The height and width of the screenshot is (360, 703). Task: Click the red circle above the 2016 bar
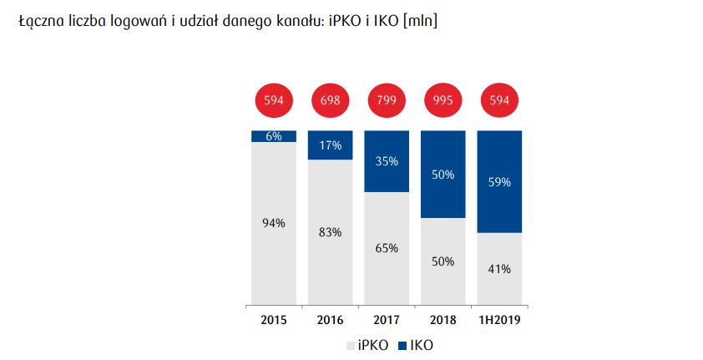pyautogui.click(x=330, y=101)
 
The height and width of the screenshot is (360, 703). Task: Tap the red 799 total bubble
pyautogui.click(x=387, y=101)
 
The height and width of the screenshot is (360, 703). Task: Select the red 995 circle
pyautogui.click(x=443, y=101)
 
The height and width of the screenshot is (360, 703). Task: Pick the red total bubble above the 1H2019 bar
pyautogui.click(x=499, y=101)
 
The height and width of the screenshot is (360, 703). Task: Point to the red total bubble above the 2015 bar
pyautogui.click(x=274, y=101)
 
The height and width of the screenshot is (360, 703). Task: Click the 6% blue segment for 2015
pyautogui.click(x=274, y=136)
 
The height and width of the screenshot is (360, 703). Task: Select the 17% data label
pyautogui.click(x=330, y=145)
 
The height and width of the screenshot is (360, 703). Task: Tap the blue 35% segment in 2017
pyautogui.click(x=387, y=161)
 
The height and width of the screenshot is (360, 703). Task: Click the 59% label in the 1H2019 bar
pyautogui.click(x=499, y=181)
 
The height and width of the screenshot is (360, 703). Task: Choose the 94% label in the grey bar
pyautogui.click(x=274, y=223)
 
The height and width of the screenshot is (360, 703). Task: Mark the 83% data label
pyautogui.click(x=330, y=232)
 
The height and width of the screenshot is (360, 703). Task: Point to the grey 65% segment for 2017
pyautogui.click(x=387, y=248)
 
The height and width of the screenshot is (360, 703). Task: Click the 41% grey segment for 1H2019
pyautogui.click(x=499, y=269)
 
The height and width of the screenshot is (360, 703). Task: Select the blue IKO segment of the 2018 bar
pyautogui.click(x=443, y=175)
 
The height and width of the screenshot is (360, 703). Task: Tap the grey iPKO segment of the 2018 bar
pyautogui.click(x=443, y=261)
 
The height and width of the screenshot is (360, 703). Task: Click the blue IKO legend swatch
pyautogui.click(x=402, y=345)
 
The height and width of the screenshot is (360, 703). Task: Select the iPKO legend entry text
pyautogui.click(x=372, y=345)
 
